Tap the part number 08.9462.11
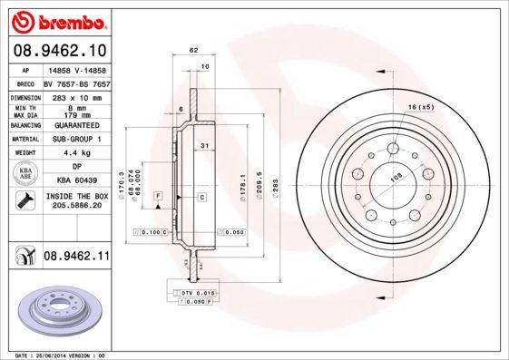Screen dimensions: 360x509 (x=75, y=258)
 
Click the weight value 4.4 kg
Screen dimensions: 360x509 (x=75, y=153)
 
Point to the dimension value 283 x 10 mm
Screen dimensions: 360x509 (x=75, y=95)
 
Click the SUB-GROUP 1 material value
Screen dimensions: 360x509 (x=75, y=139)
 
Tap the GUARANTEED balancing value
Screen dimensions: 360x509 (x=75, y=126)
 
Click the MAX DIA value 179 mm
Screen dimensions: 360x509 (x=75, y=114)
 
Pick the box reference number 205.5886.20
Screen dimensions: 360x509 (x=75, y=206)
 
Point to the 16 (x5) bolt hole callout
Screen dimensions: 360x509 (x=421, y=107)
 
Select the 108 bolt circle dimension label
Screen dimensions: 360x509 (x=396, y=179)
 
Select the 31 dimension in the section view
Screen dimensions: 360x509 (x=205, y=146)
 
